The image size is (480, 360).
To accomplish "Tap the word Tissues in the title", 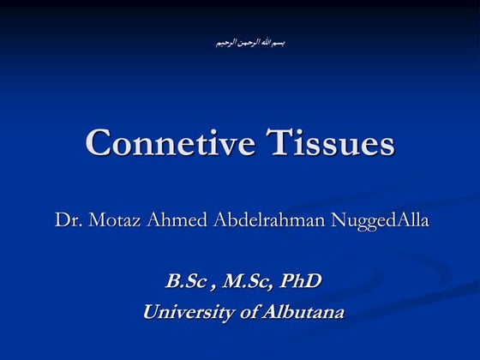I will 320,142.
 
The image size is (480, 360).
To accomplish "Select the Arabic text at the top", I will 249,42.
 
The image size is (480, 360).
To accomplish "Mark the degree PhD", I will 302,281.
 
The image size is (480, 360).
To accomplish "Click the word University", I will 187,313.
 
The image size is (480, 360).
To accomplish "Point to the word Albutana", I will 303,313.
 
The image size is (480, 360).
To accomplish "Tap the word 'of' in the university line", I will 249,313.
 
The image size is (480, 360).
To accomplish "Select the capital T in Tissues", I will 256,142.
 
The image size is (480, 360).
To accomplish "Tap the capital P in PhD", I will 287,281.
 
